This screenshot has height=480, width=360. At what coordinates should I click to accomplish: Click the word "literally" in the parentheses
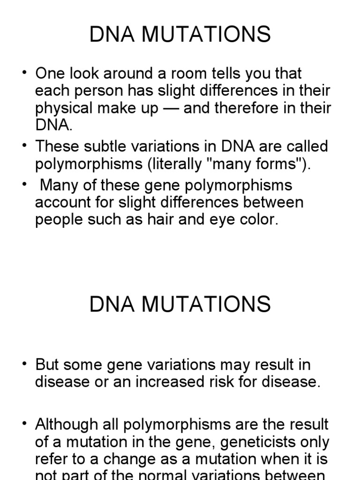click(187, 164)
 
